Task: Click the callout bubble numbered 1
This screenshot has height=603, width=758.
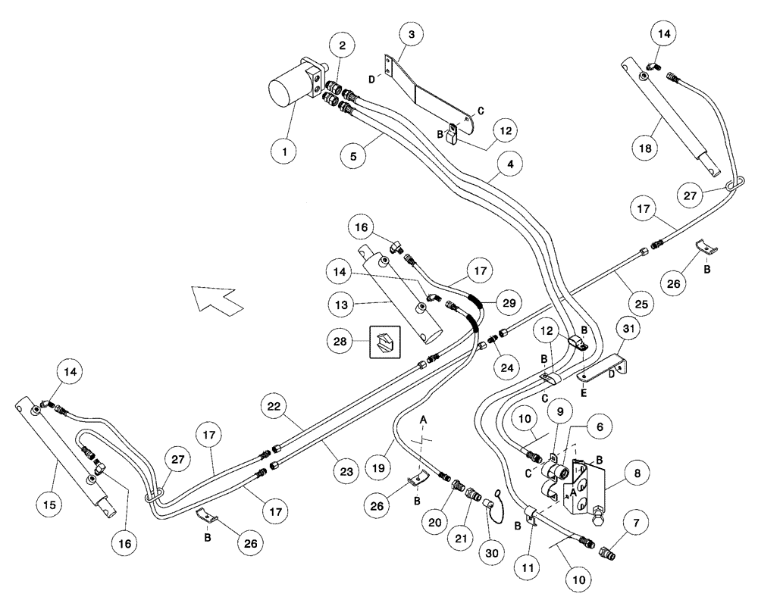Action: (x=285, y=152)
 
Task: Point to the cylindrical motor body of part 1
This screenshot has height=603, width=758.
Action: (x=288, y=95)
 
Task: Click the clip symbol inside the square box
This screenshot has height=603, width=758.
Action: (x=384, y=341)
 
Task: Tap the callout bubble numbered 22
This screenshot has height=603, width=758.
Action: (x=276, y=407)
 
